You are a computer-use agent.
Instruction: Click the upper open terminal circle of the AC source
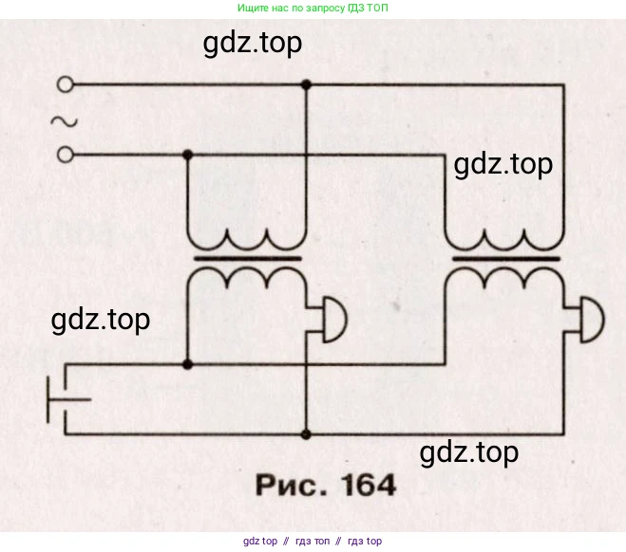coord(66,84)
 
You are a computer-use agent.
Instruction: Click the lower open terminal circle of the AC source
coord(66,154)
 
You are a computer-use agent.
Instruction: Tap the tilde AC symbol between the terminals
coord(64,120)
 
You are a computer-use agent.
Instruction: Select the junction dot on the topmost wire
coord(305,84)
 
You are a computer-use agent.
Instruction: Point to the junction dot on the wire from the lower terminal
coord(187,154)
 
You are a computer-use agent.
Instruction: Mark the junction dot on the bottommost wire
coord(305,434)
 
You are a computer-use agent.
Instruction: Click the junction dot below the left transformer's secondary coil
coord(187,363)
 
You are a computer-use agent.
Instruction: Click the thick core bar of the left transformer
coord(247,256)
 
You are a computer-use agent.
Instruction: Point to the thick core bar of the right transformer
coord(505,256)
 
